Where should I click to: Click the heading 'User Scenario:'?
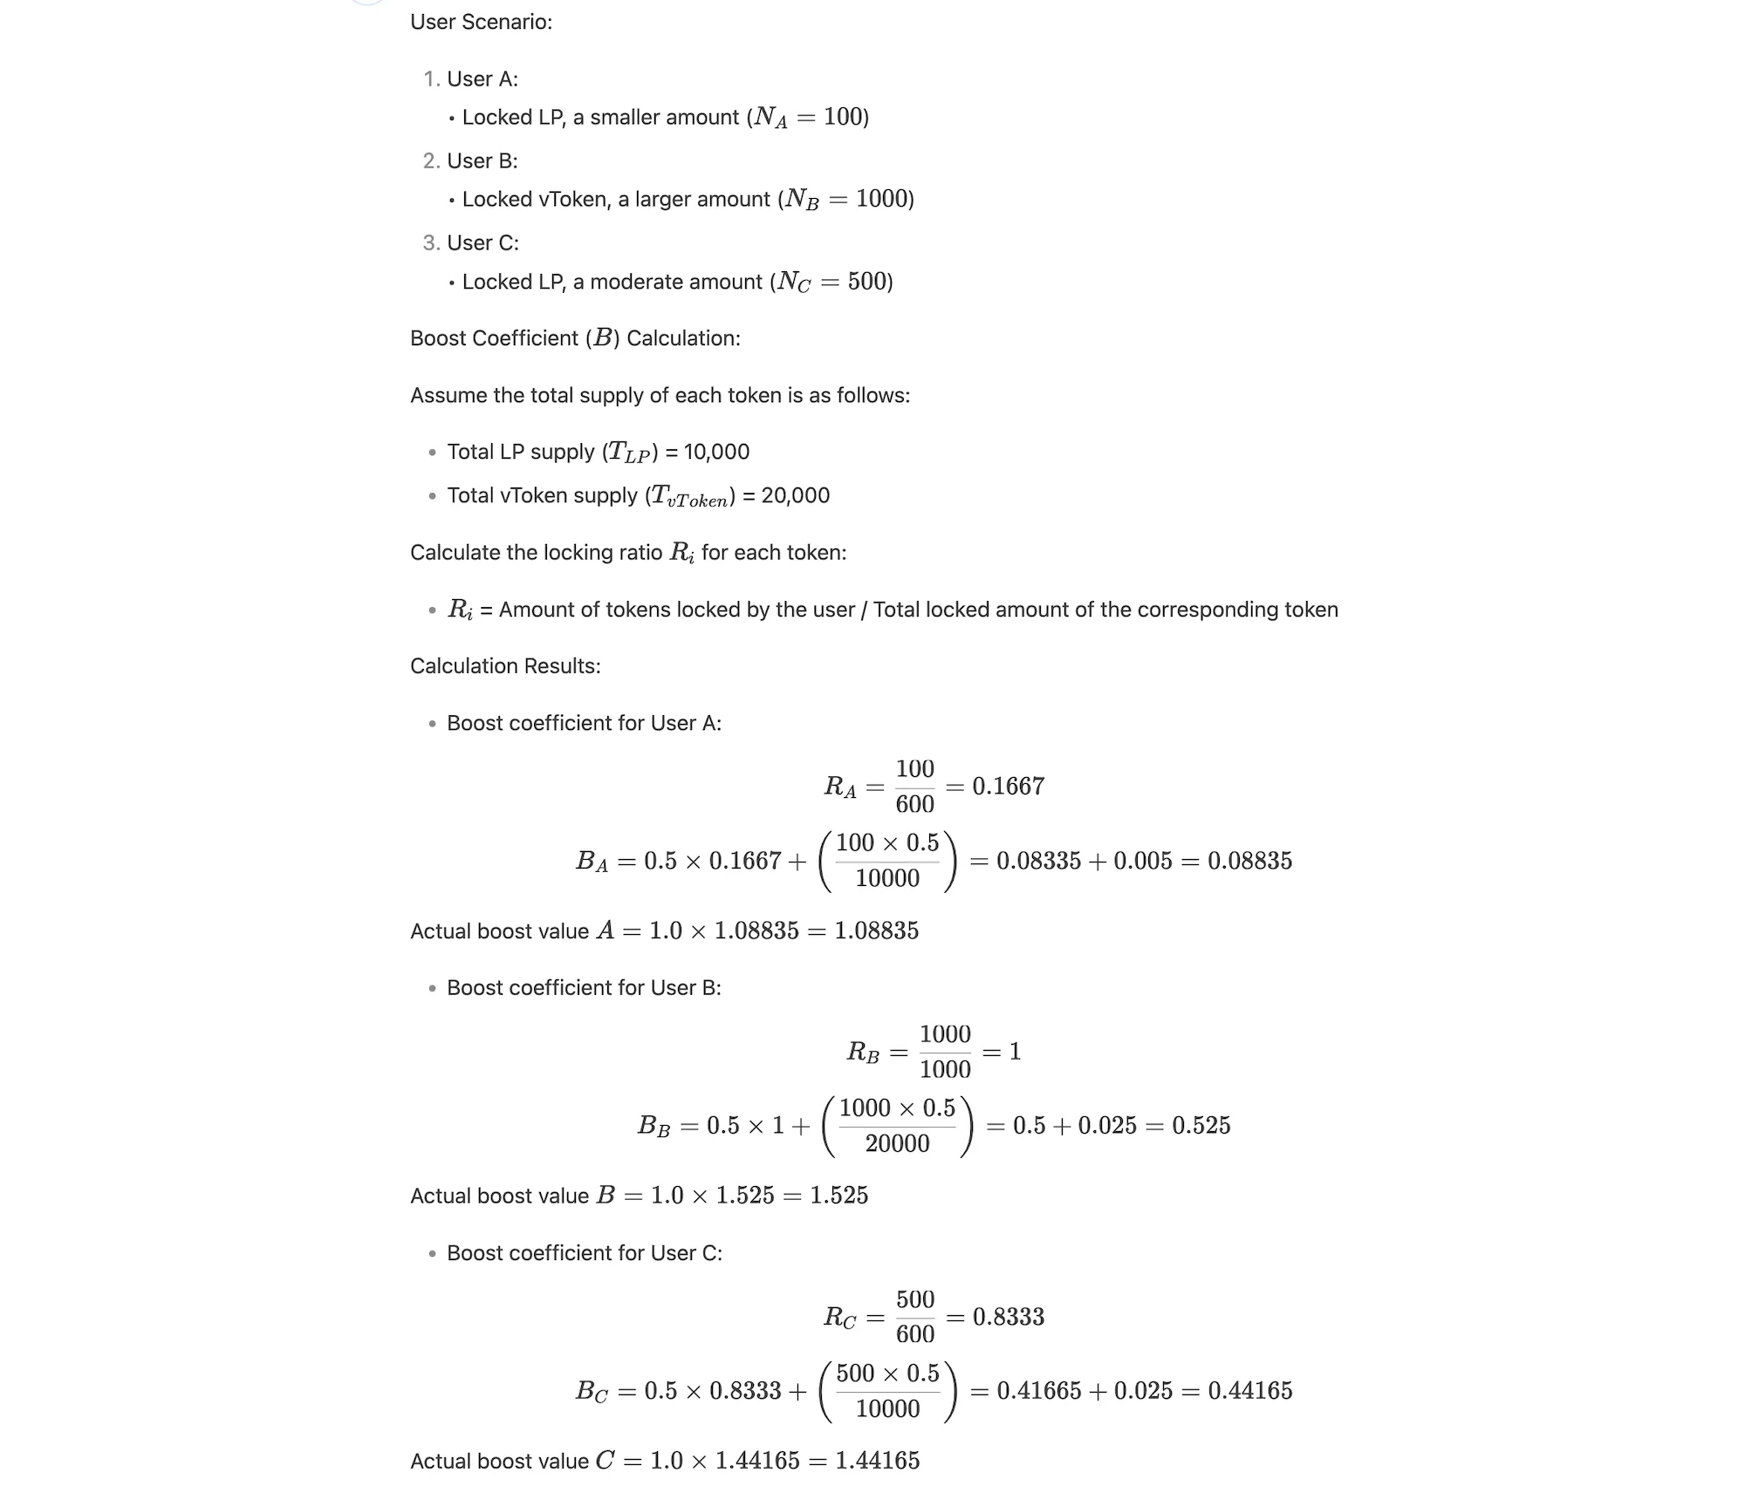tap(481, 22)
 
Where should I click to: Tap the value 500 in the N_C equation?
tap(867, 282)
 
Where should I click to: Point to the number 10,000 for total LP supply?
tap(716, 452)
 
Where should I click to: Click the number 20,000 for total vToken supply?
tap(796, 495)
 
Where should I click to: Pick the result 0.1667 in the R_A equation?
tap(1008, 787)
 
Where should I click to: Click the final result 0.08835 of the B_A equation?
tap(1249, 861)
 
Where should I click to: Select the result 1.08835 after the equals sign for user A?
tap(876, 931)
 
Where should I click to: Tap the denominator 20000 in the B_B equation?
tap(897, 1143)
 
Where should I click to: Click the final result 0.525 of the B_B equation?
tap(1201, 1125)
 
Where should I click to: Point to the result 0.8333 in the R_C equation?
tap(1008, 1317)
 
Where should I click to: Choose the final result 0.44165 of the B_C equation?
tap(1249, 1390)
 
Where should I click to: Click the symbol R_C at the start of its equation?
tap(839, 1317)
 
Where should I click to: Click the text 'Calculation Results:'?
tap(505, 666)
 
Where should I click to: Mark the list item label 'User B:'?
tap(482, 161)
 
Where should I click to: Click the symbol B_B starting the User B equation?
tap(653, 1126)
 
